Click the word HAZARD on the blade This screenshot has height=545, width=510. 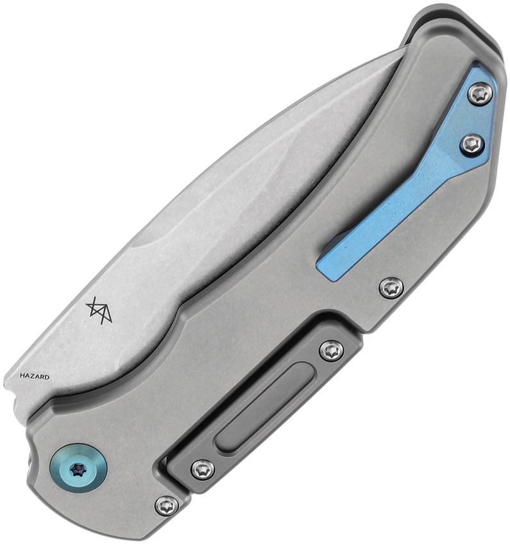click(35, 376)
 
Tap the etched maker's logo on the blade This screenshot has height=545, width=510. click(99, 310)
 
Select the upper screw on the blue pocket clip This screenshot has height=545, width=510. click(480, 94)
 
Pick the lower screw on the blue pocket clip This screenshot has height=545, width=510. click(472, 144)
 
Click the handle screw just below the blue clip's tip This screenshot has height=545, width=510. click(391, 288)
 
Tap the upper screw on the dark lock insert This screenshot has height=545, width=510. click(331, 351)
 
